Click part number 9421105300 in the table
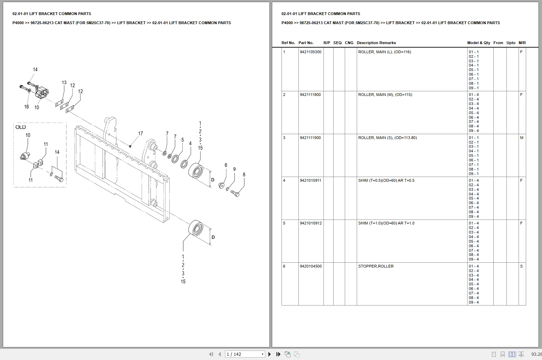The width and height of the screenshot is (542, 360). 310,52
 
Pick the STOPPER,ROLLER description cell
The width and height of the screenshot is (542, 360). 375,266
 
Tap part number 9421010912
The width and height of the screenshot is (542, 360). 310,223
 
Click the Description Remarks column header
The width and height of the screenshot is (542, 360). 376,43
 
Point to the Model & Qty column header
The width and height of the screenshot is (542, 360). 478,43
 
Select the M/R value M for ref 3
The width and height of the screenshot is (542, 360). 521,138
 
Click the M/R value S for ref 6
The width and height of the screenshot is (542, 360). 521,266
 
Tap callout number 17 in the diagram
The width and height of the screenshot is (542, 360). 140,133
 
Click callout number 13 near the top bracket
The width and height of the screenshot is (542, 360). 64,83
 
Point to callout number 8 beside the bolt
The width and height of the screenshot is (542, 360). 244,174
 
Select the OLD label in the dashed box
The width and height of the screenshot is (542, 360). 21,127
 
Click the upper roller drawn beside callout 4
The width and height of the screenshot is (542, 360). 196,171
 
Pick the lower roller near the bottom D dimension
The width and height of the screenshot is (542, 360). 196,229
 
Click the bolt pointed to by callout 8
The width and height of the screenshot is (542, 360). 235,193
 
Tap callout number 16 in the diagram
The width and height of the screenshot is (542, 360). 26,106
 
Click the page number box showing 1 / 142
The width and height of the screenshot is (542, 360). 245,354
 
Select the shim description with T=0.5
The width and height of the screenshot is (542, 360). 386,180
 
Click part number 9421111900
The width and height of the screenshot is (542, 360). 310,138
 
